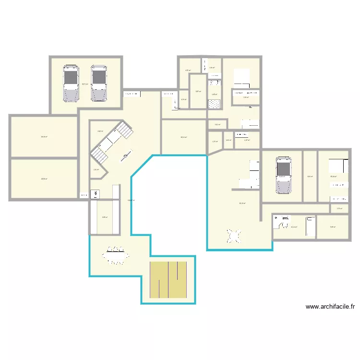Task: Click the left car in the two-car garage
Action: click(71, 83)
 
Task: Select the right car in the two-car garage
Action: click(99, 83)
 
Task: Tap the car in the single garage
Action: click(283, 175)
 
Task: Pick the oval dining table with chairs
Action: click(116, 256)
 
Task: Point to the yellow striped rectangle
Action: click(168, 280)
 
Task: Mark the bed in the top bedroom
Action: click(242, 78)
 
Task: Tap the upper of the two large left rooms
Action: click(44, 136)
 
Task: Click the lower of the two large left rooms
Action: click(44, 179)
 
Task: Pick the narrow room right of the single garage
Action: click(310, 176)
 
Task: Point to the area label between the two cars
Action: click(84, 84)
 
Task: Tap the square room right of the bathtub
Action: click(332, 227)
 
